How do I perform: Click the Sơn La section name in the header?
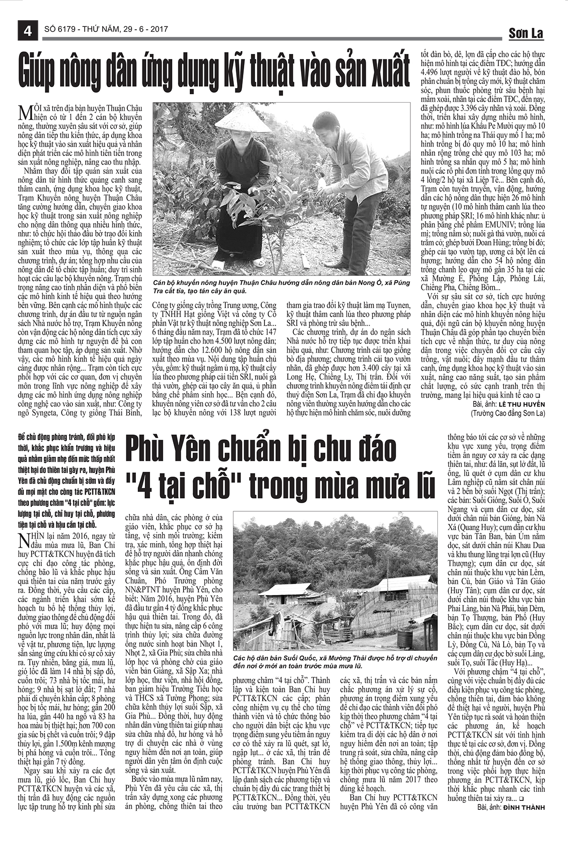[x=526, y=33]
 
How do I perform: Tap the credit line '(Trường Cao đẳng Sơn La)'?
[x=507, y=413]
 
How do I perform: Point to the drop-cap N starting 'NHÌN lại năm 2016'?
[x=22, y=538]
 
